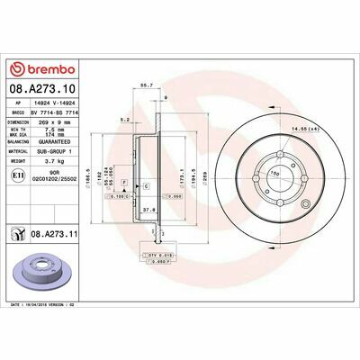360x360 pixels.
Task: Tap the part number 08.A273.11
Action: click(x=53, y=233)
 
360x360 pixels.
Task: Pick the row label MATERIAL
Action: click(x=21, y=155)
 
